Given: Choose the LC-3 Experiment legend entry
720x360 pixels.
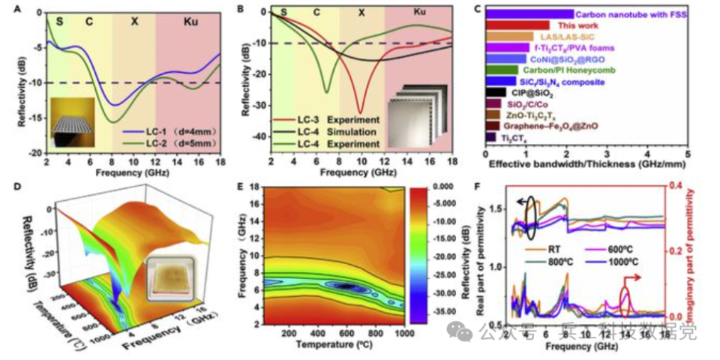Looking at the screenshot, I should click(308, 118).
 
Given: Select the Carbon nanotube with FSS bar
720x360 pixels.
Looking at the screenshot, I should click(529, 13).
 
